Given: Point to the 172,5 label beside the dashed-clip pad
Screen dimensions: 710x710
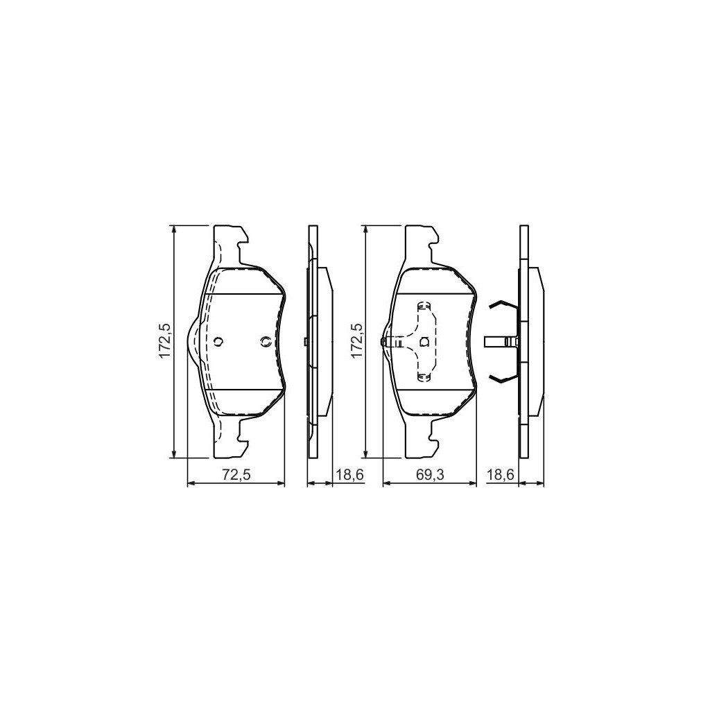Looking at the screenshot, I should [x=356, y=340].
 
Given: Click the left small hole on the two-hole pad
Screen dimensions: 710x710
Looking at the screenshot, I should [x=218, y=341].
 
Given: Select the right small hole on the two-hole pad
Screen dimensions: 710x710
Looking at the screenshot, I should [x=266, y=341].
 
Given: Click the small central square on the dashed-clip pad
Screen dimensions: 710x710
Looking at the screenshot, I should [x=425, y=341].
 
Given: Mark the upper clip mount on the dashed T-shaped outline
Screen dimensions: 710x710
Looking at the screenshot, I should [x=424, y=306].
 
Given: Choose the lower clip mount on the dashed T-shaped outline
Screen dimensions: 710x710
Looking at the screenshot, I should [x=424, y=376].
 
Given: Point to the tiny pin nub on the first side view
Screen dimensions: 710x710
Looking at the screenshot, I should [x=305, y=341].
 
